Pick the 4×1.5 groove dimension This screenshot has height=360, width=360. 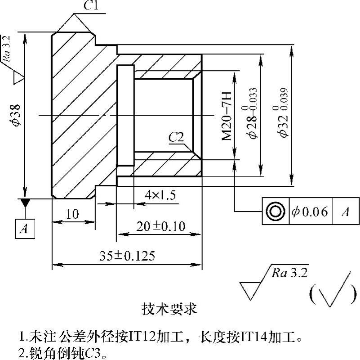pyautogui.click(x=160, y=195)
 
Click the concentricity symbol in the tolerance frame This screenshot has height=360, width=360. pyautogui.click(x=275, y=211)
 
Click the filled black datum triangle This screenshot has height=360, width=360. pyautogui.click(x=25, y=203)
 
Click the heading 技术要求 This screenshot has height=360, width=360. pyautogui.click(x=169, y=309)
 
